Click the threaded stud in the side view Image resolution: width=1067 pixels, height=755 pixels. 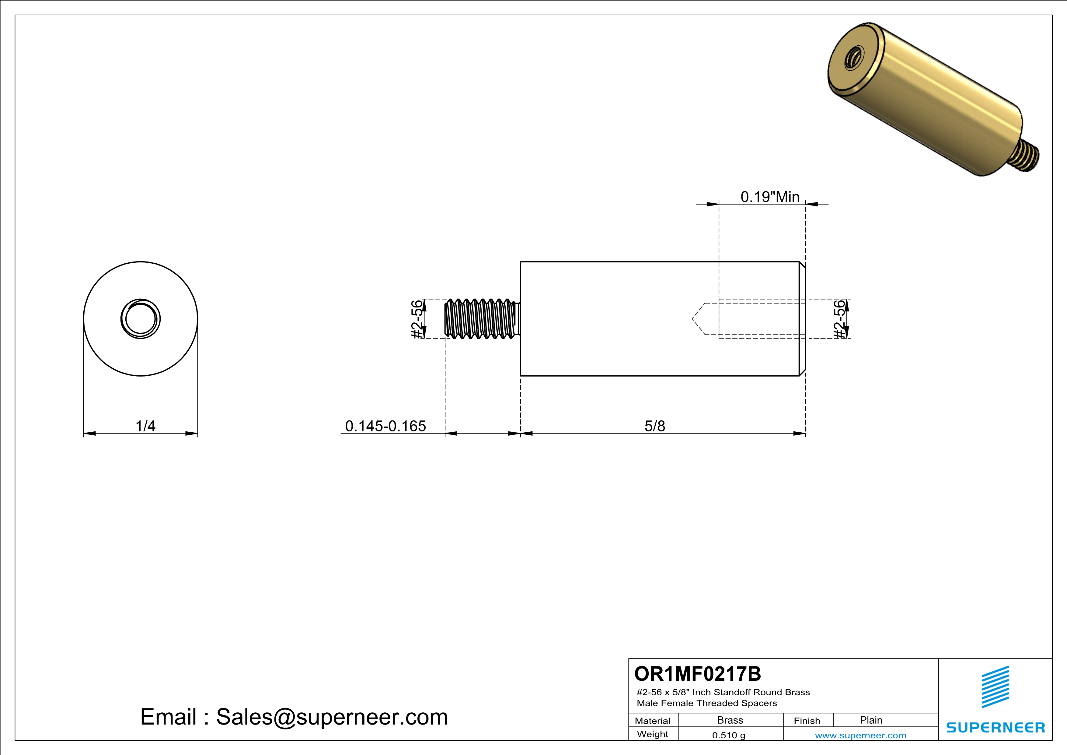point(482,319)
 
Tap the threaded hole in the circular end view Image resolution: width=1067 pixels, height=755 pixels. point(140,319)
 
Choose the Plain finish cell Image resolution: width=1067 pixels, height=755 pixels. point(870,720)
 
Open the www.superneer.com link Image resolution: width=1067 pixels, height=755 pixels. point(860,735)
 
